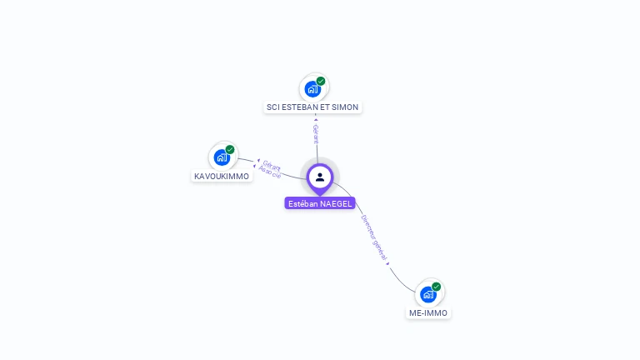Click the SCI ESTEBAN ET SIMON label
[312, 107]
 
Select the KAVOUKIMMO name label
[222, 177]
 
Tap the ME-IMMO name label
[428, 313]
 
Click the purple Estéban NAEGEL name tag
[320, 203]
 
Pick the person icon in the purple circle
[320, 177]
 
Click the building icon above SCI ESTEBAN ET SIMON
[312, 88]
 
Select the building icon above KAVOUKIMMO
[222, 157]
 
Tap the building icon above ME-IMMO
[427, 294]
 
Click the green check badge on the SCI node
[321, 81]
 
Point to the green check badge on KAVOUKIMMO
[230, 150]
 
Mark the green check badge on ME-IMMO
[436, 287]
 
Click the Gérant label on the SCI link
[316, 133]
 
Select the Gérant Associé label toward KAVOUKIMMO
[270, 169]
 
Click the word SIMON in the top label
[347, 107]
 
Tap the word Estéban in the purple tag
[302, 203]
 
